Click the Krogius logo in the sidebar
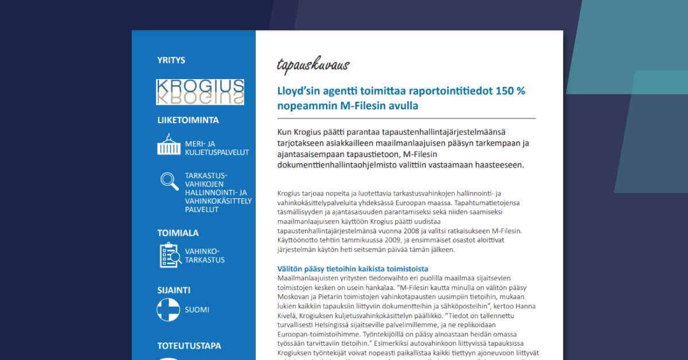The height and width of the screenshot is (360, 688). tap(200, 92)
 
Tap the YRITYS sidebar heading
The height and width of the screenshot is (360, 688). tap(171, 60)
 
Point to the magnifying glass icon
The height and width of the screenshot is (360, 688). tap(169, 181)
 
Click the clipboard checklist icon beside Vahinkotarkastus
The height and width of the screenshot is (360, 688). tap(169, 256)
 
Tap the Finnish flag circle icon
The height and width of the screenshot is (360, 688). tap(169, 310)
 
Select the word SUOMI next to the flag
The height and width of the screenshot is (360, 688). tap(197, 310)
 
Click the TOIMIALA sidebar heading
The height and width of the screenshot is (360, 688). tap(178, 233)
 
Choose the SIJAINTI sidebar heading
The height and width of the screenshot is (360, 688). tap(174, 290)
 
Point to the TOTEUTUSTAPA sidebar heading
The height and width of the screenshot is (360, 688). tap(189, 346)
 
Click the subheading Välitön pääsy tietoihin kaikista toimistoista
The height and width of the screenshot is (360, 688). tap(353, 269)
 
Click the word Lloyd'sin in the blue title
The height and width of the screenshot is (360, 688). tap(302, 91)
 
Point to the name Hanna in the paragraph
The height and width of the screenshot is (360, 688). tap(525, 306)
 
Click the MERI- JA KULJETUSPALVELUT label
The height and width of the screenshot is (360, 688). tap(217, 148)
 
